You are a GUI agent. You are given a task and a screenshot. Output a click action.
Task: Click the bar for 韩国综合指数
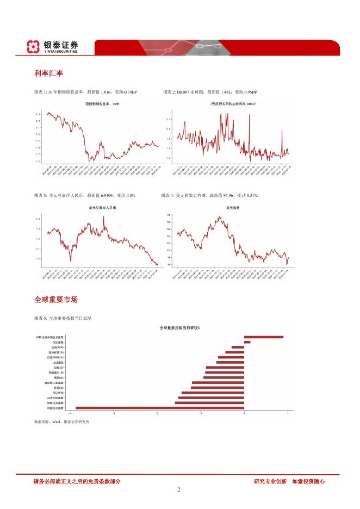click(x=159, y=407)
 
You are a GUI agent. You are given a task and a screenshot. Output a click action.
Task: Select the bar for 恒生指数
click(x=247, y=342)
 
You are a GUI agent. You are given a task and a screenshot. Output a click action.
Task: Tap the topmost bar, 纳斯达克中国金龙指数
click(x=263, y=337)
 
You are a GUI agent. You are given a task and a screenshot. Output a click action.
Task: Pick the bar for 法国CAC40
click(x=238, y=347)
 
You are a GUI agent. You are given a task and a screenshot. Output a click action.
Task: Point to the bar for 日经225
click(x=225, y=367)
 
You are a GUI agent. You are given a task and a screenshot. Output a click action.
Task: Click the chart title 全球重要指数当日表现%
click(x=179, y=328)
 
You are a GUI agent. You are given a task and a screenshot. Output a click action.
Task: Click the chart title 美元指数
click(x=233, y=208)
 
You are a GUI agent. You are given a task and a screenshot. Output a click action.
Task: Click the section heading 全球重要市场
click(x=55, y=300)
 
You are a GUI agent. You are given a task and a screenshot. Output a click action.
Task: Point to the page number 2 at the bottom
click(x=178, y=489)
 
